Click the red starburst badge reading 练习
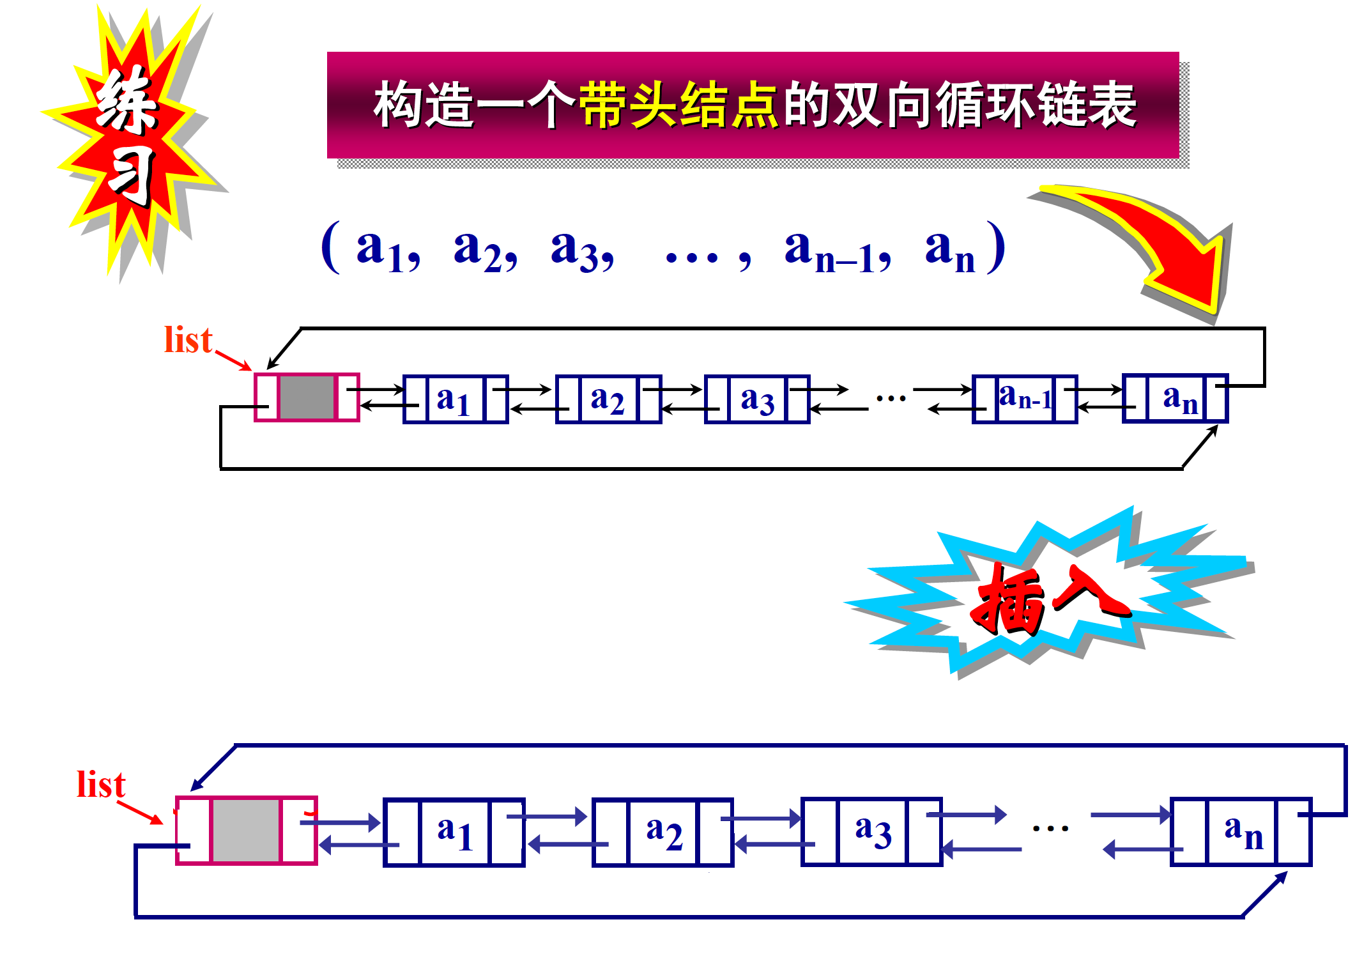pyautogui.click(x=131, y=137)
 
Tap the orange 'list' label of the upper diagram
pyautogui.click(x=187, y=340)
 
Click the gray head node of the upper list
pyautogui.click(x=307, y=397)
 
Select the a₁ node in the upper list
pyautogui.click(x=455, y=399)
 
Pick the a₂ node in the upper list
pyautogui.click(x=608, y=399)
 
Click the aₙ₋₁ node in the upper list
pyautogui.click(x=1025, y=399)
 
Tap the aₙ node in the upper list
pyautogui.click(x=1176, y=399)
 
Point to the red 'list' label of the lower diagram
pyautogui.click(x=101, y=785)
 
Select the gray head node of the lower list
pyautogui.click(x=246, y=831)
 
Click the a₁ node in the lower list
pyautogui.click(x=454, y=832)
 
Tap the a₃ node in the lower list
pyautogui.click(x=872, y=832)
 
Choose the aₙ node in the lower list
pyautogui.click(x=1241, y=832)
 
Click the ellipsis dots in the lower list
pyautogui.click(x=1050, y=829)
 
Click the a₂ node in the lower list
pyautogui.click(x=663, y=832)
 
